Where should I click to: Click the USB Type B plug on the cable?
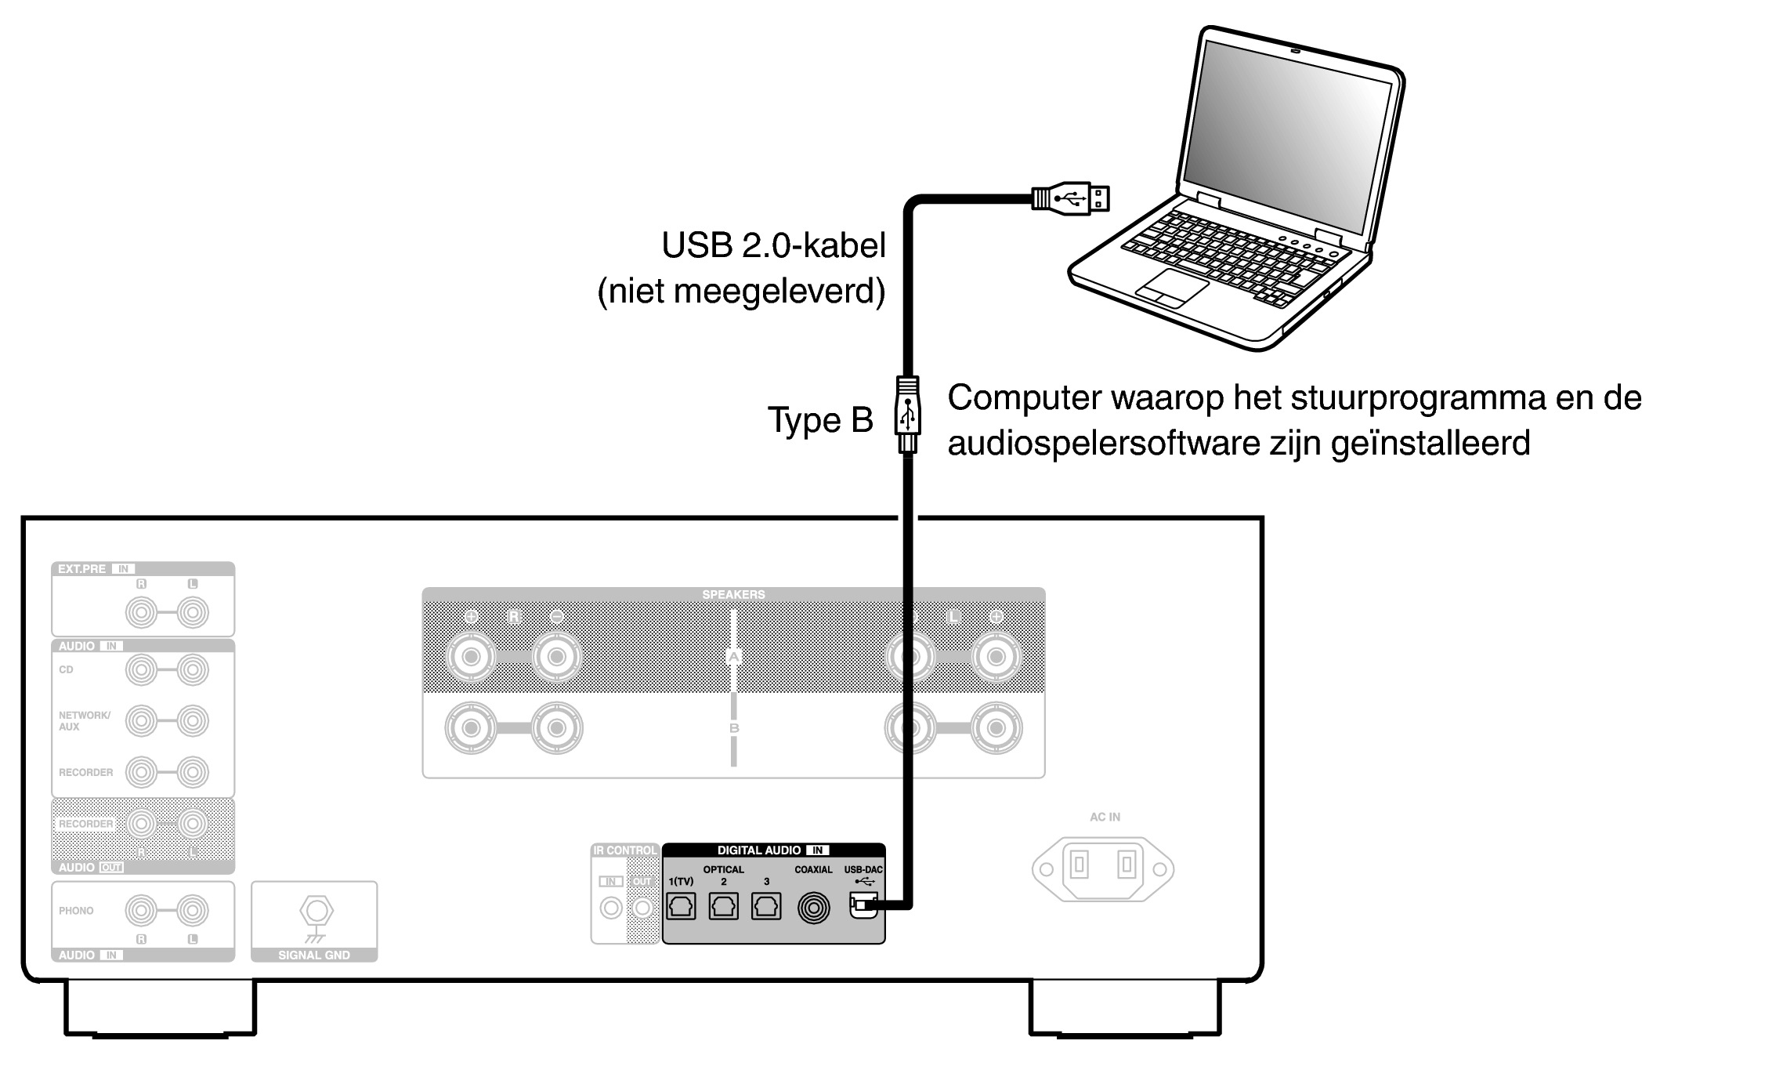point(907,415)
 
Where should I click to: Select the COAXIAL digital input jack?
point(813,908)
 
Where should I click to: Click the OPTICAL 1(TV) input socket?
point(681,907)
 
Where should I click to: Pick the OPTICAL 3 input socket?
point(765,907)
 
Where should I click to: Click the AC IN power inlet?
point(1103,868)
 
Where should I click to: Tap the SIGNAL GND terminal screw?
point(316,911)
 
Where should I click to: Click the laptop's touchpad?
point(1172,288)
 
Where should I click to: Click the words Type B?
point(819,420)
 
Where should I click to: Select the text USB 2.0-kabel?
point(773,245)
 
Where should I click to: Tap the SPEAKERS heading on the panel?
point(733,594)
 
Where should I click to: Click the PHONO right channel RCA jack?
point(141,910)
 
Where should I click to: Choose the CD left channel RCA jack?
point(193,669)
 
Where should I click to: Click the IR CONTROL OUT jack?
point(642,908)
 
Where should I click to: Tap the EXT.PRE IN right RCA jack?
point(141,611)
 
